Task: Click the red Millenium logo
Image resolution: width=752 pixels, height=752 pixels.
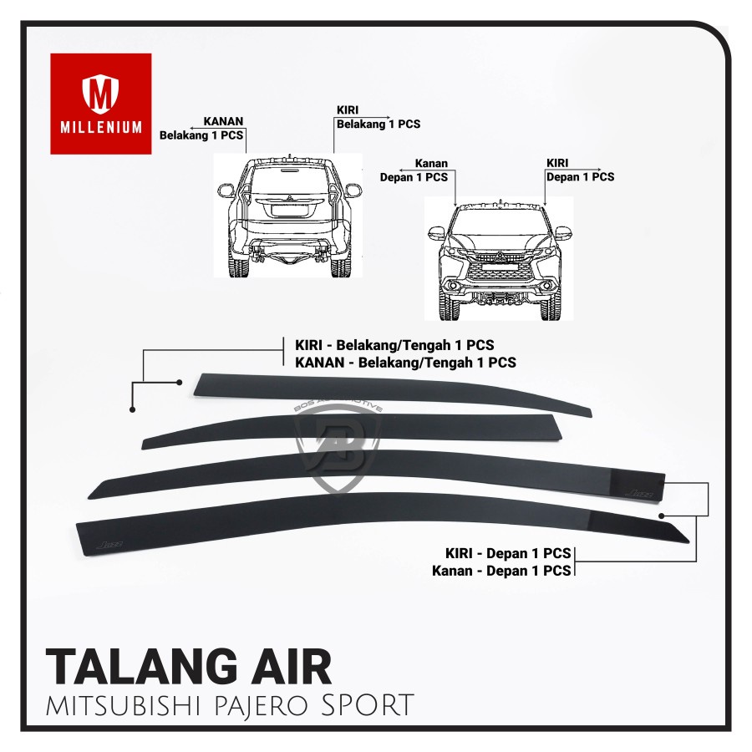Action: (x=101, y=104)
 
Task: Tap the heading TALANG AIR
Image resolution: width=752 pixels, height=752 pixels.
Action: (x=188, y=666)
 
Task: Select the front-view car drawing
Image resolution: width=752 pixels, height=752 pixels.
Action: (x=500, y=259)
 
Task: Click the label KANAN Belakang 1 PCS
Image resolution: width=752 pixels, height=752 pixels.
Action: (x=201, y=127)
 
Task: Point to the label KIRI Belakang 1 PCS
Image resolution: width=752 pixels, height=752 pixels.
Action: (x=378, y=118)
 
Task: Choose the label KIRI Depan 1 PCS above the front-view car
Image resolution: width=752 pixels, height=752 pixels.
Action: (x=580, y=170)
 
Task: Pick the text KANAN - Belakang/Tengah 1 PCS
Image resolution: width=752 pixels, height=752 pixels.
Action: (x=405, y=363)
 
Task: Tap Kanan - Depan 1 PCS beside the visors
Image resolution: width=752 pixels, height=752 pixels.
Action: (x=501, y=571)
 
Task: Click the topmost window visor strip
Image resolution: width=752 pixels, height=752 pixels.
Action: (x=384, y=392)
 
